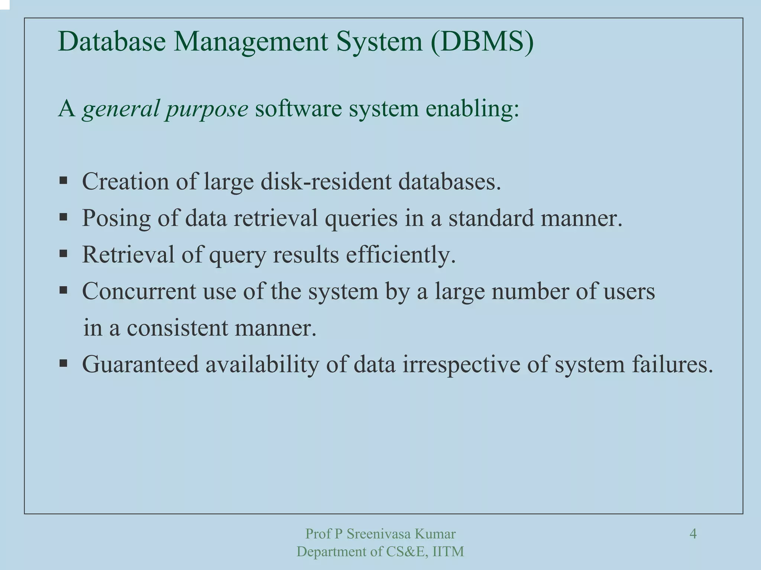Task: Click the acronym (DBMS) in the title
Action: pos(482,42)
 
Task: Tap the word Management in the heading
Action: pos(251,42)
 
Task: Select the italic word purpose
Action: pos(207,109)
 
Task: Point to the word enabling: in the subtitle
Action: pos(472,109)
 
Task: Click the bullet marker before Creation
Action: pos(64,181)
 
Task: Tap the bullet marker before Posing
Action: pos(64,217)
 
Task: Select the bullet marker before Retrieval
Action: pos(64,254)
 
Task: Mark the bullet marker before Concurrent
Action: pos(64,290)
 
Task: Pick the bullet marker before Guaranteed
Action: pos(64,363)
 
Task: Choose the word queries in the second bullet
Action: pos(361,218)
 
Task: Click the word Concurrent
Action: pos(139,291)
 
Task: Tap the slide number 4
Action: pos(693,534)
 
